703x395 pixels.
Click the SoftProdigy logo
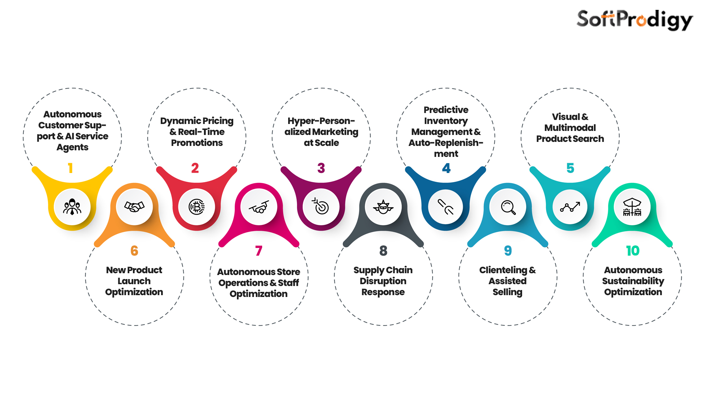point(634,20)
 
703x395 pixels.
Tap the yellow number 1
point(70,168)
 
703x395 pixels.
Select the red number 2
point(195,168)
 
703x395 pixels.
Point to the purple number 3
point(321,168)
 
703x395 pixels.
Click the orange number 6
point(134,251)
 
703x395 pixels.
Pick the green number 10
point(632,251)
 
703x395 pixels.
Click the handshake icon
point(134,207)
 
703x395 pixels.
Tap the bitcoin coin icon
point(197,207)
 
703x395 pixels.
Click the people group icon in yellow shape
point(72,207)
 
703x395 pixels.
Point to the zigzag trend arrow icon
point(570,207)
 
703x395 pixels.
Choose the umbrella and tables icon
point(632,207)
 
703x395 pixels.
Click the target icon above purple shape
point(321,206)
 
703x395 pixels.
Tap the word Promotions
point(197,143)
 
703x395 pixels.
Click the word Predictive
point(446,110)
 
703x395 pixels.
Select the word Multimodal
point(570,128)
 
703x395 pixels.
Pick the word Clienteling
point(503,270)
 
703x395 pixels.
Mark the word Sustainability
point(633,281)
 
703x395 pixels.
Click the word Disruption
point(383,281)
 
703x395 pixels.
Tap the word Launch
point(134,281)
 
